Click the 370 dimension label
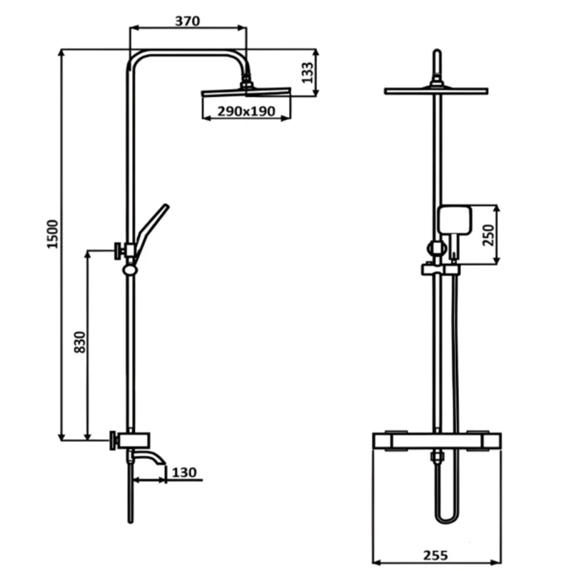pos(188,21)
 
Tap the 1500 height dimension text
pos(52,234)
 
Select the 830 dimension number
pos(80,342)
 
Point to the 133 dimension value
pos(308,73)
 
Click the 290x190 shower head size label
pos(246,111)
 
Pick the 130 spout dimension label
pos(184,473)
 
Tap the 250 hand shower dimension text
pos(489,236)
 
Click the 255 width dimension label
pos(435,555)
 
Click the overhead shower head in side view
pos(246,92)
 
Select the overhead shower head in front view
pos(436,91)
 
